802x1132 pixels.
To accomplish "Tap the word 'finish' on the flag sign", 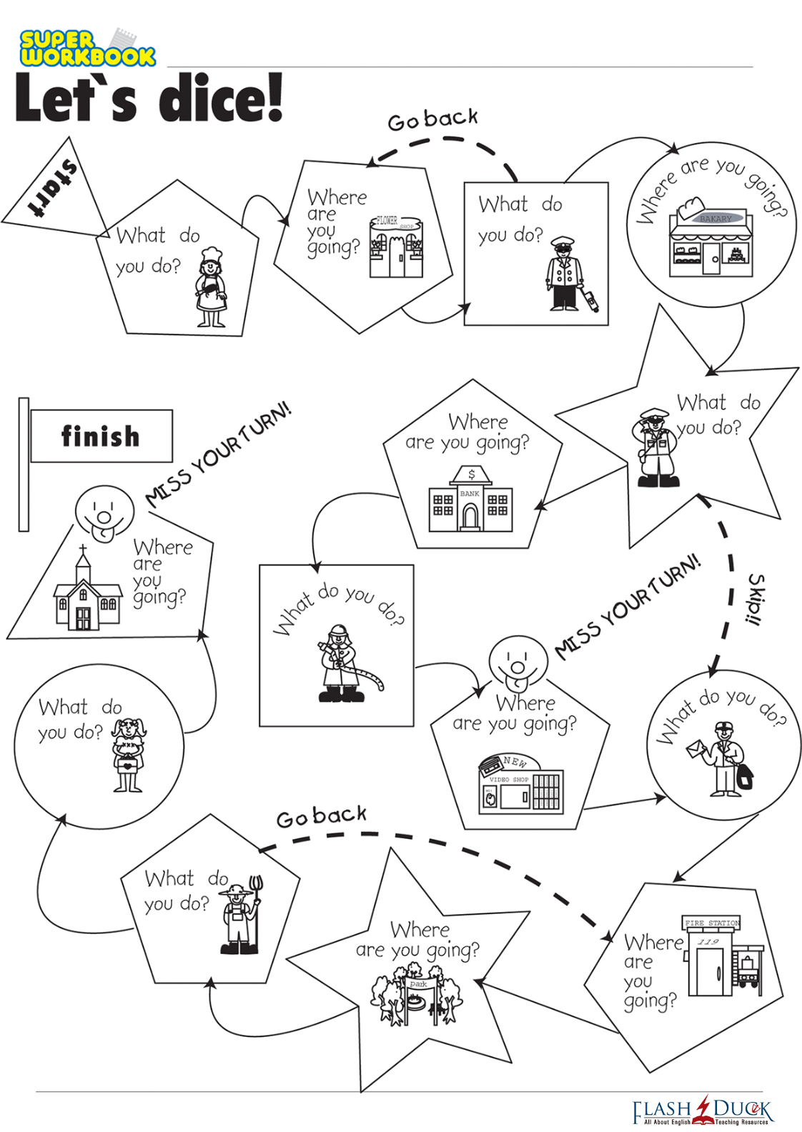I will [x=100, y=436].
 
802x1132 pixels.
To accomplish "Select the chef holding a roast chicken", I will [x=211, y=287].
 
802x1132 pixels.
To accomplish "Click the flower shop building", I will [x=396, y=247].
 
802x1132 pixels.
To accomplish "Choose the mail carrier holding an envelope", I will [x=722, y=759].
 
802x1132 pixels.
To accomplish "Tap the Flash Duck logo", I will [x=703, y=1111].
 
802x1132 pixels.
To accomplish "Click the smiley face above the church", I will [x=104, y=513].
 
